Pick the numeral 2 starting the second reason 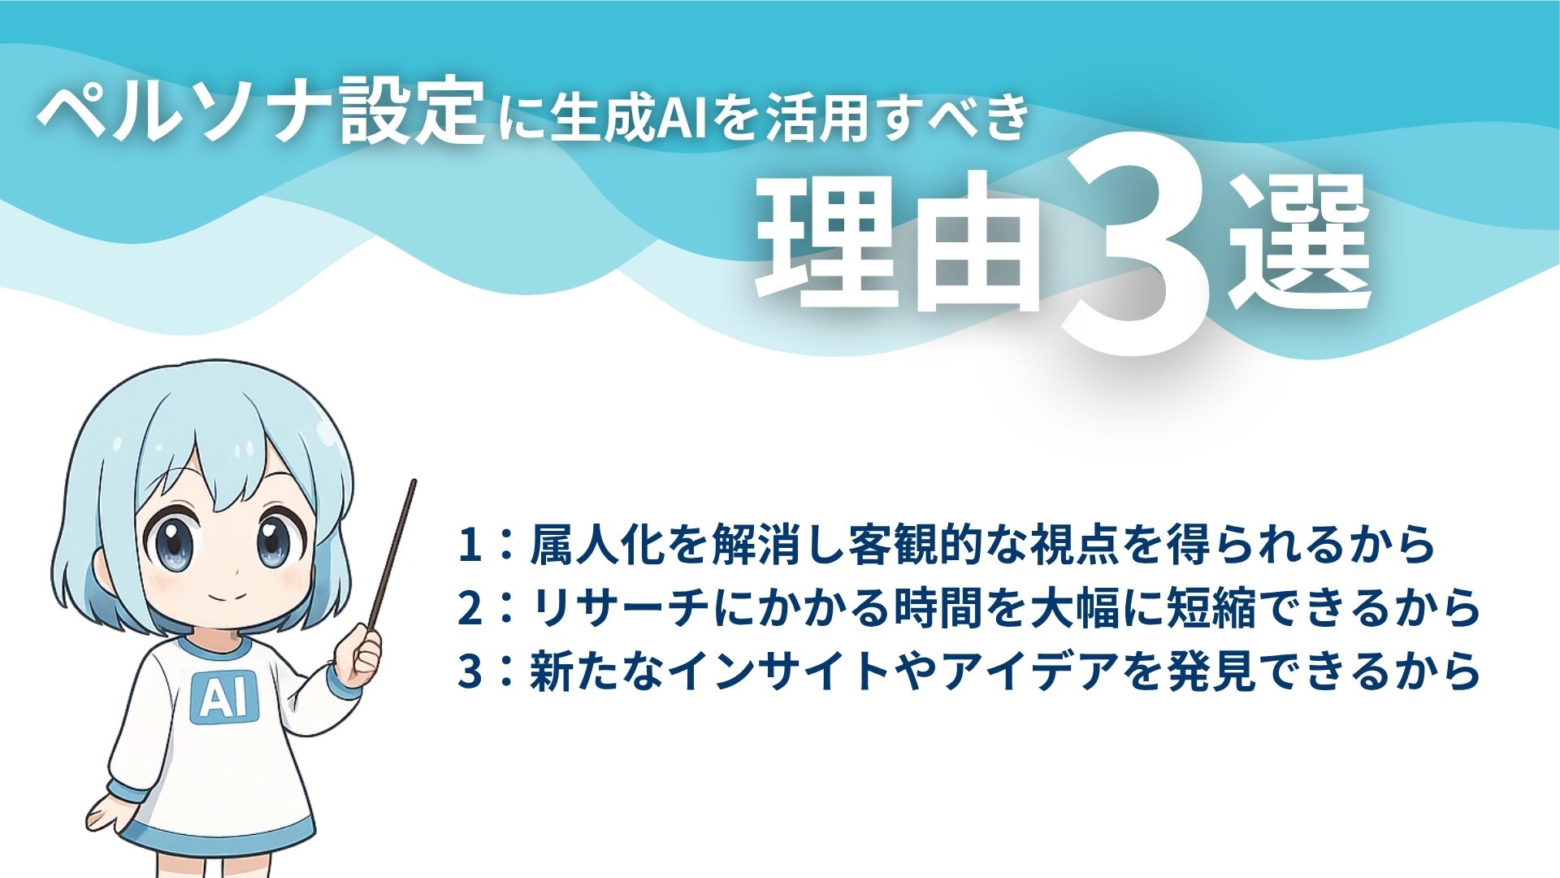tap(470, 609)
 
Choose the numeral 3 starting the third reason tap(470, 672)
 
